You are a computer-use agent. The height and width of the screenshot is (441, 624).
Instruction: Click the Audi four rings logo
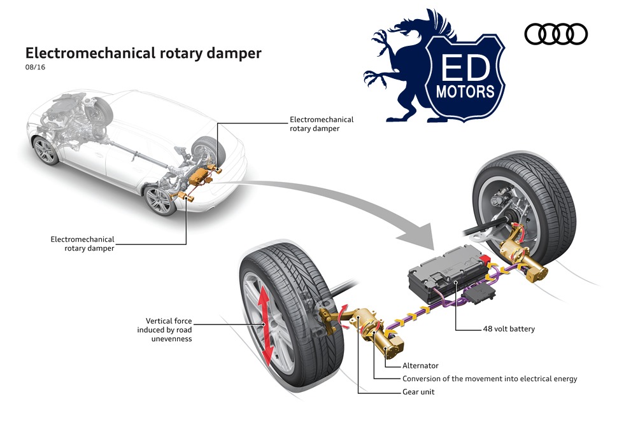[556, 34]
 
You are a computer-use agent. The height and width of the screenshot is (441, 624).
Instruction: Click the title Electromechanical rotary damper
[143, 53]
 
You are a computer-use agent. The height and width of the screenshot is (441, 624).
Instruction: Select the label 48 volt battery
[508, 329]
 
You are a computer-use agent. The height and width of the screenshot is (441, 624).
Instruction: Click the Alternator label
[420, 366]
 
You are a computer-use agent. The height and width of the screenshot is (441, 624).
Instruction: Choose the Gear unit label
[418, 392]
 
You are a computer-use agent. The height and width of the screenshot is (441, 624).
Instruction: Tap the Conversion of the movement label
[490, 379]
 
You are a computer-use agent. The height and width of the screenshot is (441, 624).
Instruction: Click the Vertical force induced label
[164, 330]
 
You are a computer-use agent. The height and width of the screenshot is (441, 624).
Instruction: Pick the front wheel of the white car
[46, 151]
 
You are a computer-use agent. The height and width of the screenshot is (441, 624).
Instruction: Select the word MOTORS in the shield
[465, 91]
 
